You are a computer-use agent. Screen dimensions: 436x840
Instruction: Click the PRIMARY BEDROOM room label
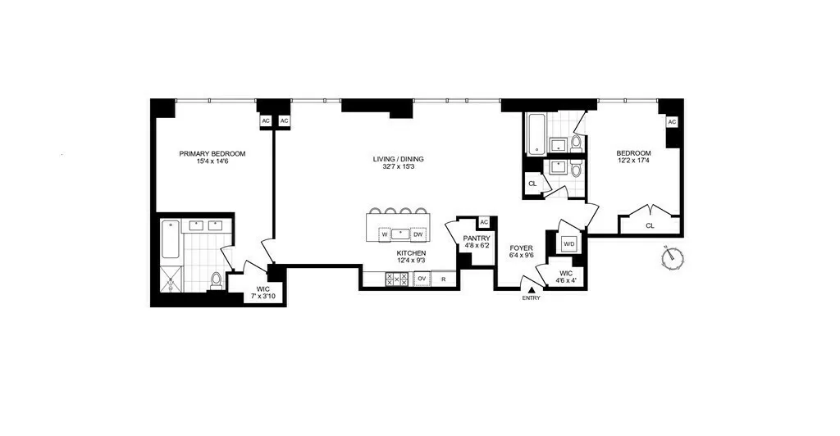212,153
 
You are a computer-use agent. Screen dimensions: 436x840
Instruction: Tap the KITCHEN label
411,254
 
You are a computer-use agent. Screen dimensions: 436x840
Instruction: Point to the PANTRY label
477,238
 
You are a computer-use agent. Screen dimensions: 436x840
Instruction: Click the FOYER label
522,247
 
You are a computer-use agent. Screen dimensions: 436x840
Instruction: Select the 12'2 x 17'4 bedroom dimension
633,162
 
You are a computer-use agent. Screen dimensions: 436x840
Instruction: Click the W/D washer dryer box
568,243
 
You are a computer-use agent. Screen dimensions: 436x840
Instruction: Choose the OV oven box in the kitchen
422,279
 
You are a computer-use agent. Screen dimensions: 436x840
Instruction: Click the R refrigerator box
444,279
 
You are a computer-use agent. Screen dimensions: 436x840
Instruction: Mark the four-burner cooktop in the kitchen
396,279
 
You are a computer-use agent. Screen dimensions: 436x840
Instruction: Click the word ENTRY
532,298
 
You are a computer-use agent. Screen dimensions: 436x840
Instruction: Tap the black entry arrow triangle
532,288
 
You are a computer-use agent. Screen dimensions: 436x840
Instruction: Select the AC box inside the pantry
484,222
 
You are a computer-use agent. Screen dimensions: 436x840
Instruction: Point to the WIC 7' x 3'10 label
262,293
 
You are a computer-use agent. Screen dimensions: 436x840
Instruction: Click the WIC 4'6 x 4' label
566,277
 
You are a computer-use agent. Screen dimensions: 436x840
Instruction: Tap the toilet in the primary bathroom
217,281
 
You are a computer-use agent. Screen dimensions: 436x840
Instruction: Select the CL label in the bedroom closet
650,225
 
